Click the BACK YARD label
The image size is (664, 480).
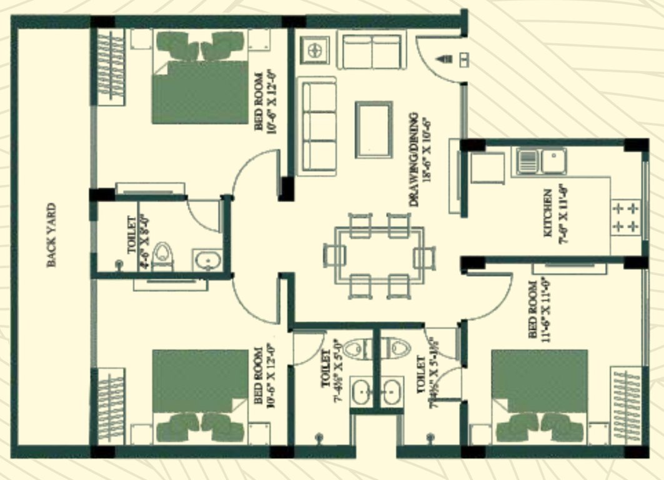pos(52,234)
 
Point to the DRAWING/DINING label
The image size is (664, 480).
pos(419,159)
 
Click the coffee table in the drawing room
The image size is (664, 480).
pos(374,129)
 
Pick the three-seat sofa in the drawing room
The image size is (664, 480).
pos(316,125)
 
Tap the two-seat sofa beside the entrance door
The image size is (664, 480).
pos(370,51)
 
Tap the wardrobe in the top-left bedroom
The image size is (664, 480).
pos(111,66)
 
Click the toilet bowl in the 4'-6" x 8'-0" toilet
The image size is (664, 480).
pos(162,255)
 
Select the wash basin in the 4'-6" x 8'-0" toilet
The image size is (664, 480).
pos(204,259)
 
